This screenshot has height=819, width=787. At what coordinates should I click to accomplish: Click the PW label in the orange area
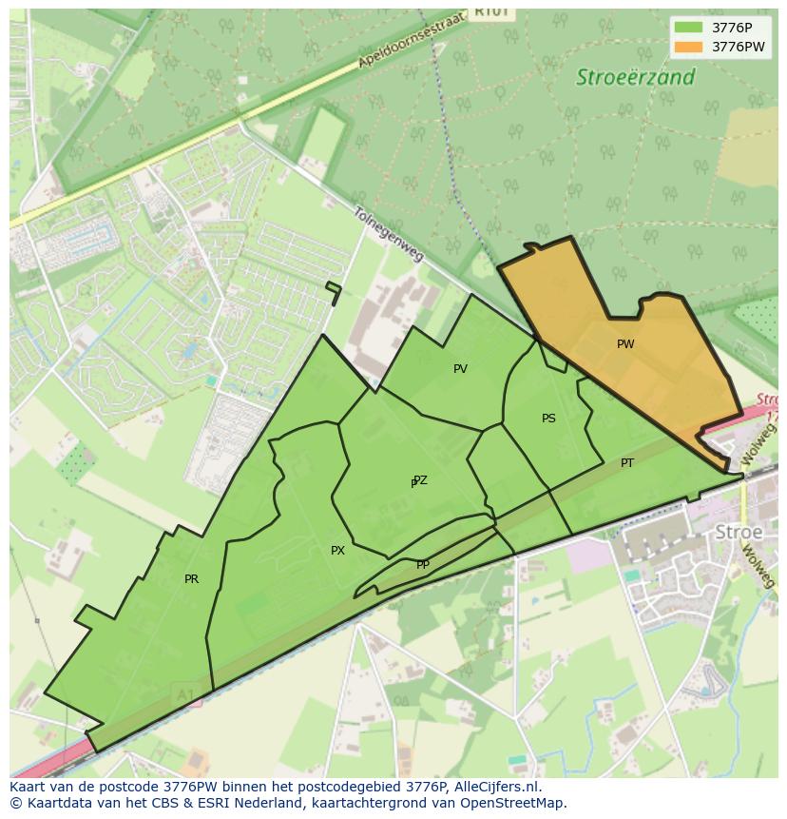tap(624, 344)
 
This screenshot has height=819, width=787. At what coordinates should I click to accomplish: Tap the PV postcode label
tap(460, 369)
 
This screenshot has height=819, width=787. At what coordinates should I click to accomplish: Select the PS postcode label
tap(548, 419)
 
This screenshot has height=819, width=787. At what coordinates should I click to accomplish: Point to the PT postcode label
tap(627, 463)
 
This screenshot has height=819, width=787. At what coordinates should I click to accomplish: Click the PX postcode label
tap(337, 551)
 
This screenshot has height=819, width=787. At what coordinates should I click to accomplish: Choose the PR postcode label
tap(191, 579)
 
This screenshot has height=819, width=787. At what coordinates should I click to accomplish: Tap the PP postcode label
tap(423, 565)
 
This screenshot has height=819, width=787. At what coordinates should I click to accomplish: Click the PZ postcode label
tap(420, 480)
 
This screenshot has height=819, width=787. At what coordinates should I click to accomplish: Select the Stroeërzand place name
tap(635, 78)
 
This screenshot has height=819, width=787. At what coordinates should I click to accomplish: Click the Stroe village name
tap(739, 532)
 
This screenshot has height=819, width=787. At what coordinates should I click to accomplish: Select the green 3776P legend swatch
tap(689, 28)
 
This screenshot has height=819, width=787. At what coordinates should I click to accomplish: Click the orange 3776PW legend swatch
tap(689, 47)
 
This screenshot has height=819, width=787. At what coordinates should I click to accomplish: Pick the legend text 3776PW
tap(739, 47)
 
